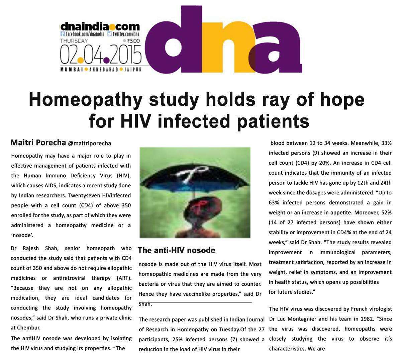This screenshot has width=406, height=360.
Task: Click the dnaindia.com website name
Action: tap(100, 26)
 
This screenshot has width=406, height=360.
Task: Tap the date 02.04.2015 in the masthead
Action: tap(100, 55)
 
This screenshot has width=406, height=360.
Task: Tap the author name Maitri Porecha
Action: tap(38, 143)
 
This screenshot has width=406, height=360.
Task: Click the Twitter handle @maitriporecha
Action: tap(89, 144)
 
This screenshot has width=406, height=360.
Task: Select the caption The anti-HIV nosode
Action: tap(176, 251)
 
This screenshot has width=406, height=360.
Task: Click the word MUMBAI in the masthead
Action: tap(72, 70)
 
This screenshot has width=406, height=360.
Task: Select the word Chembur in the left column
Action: tap(30, 328)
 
